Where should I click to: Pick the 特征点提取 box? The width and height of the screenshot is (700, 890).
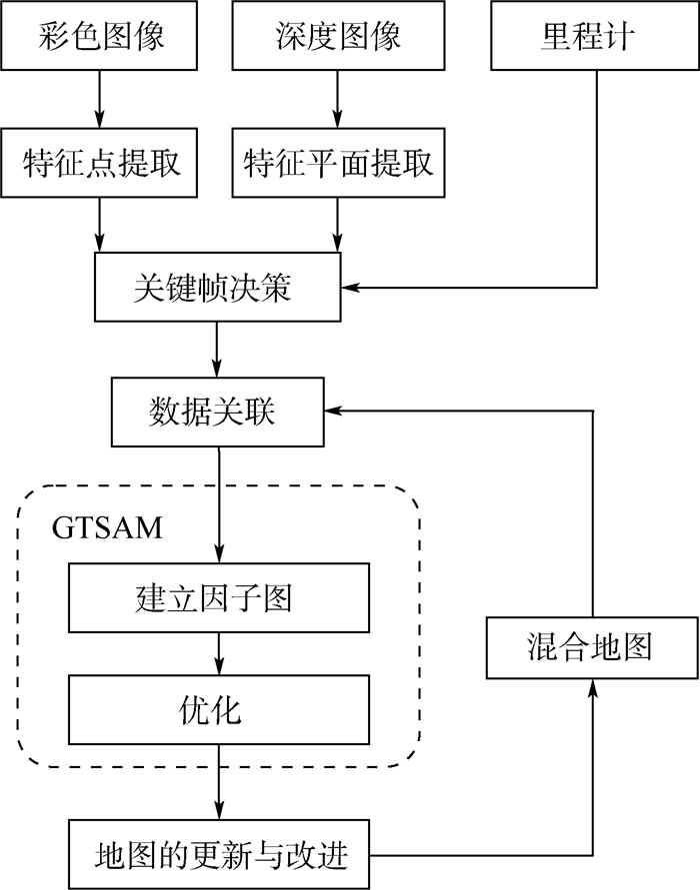click(100, 162)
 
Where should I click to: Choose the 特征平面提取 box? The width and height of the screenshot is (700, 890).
click(337, 162)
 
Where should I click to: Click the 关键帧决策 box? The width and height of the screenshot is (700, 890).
click(218, 288)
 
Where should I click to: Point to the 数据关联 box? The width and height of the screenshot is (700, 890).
click(218, 411)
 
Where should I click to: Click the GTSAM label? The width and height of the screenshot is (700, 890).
click(107, 526)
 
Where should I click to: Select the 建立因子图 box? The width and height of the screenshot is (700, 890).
click(218, 598)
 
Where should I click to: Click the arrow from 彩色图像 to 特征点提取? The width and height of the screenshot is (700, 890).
click(100, 99)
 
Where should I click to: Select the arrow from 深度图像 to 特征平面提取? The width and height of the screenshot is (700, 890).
click(337, 99)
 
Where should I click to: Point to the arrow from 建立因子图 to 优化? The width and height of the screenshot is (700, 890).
click(218, 654)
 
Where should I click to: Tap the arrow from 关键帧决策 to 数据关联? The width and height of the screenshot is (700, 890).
click(218, 350)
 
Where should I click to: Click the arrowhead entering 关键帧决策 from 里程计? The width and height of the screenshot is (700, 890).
click(352, 289)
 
